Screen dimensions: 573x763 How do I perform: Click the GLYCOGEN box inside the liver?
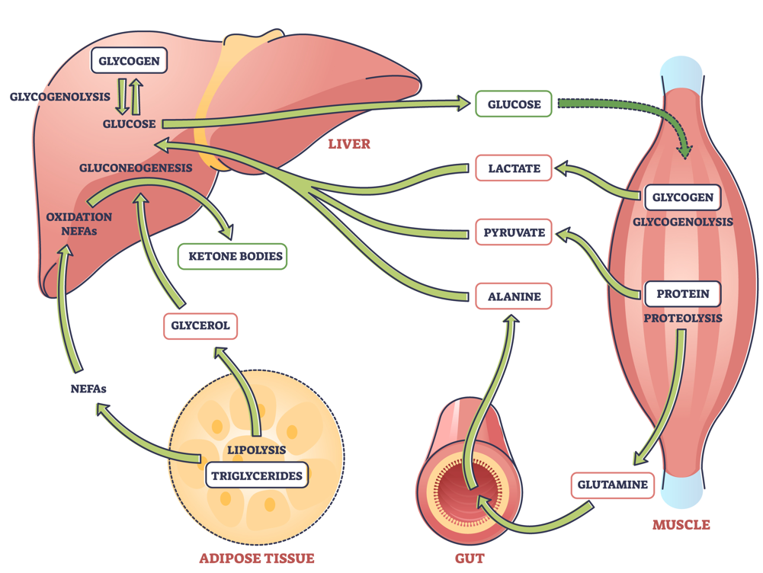130,60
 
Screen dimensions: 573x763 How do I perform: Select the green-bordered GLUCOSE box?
514,104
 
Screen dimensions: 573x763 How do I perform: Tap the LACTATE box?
514,168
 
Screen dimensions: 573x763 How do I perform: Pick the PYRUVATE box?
514,232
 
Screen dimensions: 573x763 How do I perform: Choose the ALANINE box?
514,296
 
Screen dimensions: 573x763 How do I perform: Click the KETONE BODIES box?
231,257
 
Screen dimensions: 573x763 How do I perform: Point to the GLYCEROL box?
200,325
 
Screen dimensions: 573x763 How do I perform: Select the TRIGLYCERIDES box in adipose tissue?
257,476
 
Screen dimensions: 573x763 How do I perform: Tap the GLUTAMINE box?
612,485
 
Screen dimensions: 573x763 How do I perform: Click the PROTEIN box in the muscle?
682,293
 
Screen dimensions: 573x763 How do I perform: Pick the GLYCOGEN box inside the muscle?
682,197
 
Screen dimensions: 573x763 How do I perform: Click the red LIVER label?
349,143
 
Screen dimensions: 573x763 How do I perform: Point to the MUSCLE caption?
681,525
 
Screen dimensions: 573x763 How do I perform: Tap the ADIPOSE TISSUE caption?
256,559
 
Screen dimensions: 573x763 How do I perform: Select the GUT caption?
470,559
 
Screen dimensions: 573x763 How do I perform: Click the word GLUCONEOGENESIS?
135,168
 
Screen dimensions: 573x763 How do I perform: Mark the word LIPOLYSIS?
257,450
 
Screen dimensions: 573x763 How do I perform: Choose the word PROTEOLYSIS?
683,318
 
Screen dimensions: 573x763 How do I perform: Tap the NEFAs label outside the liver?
88,389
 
